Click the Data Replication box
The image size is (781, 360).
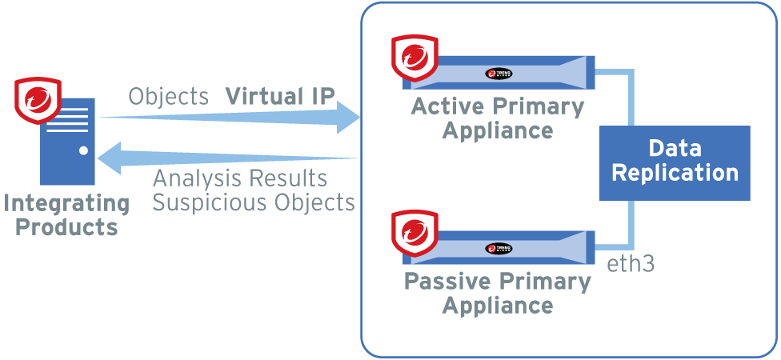click(x=675, y=162)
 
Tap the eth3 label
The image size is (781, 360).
click(x=631, y=263)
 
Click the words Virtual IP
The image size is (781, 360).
click(x=280, y=97)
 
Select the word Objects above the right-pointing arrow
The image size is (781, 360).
click(x=169, y=97)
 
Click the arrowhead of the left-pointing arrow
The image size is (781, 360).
click(x=110, y=158)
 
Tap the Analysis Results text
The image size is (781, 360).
click(x=239, y=178)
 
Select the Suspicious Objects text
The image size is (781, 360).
click(x=254, y=202)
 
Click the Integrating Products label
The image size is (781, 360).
click(x=66, y=214)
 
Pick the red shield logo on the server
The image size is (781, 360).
click(x=38, y=102)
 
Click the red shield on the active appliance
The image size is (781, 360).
click(x=415, y=59)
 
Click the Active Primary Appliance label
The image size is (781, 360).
click(x=498, y=118)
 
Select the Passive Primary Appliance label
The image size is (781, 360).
click(x=498, y=293)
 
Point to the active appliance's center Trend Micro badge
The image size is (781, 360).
click(x=499, y=74)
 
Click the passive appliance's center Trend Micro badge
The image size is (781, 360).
click(x=499, y=249)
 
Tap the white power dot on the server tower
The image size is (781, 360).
click(x=82, y=150)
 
